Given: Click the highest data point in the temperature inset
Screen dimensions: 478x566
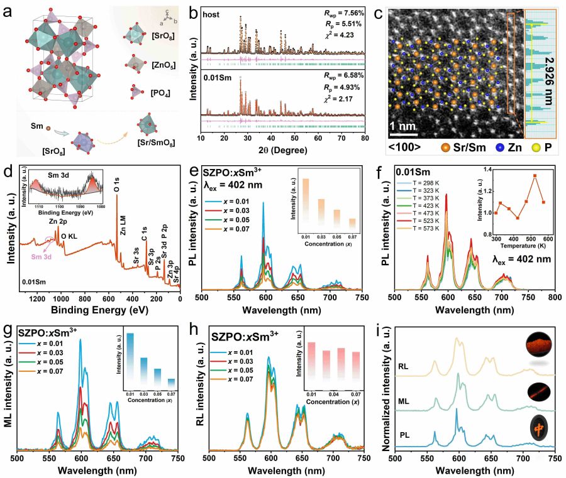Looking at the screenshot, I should pos(535,176).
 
